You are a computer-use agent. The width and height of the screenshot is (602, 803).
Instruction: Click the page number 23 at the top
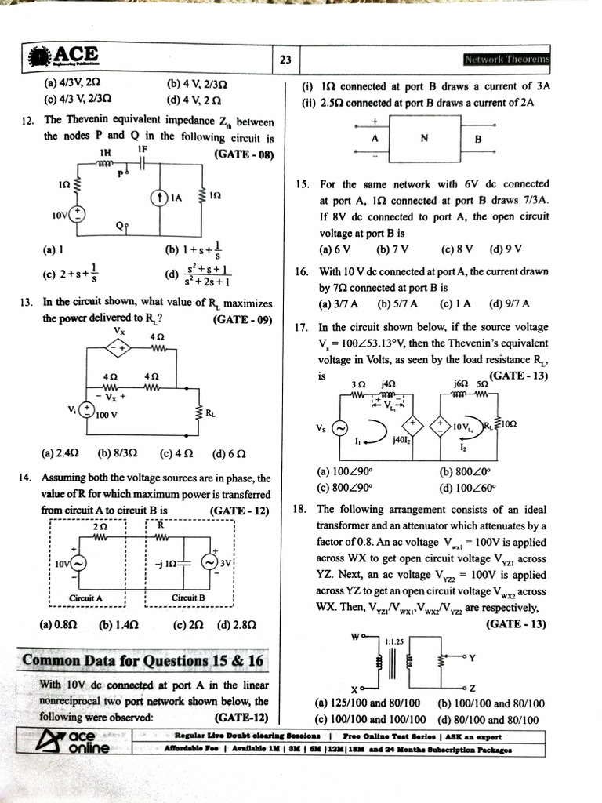point(285,60)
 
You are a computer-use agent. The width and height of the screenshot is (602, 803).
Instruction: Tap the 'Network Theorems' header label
point(507,60)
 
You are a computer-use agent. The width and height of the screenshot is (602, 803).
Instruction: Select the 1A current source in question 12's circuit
point(159,197)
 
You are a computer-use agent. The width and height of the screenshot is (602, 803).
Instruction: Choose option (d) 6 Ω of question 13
point(230,453)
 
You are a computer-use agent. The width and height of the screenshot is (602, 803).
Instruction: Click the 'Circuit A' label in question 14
point(87,598)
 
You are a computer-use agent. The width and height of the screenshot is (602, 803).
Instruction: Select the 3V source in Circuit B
point(209,563)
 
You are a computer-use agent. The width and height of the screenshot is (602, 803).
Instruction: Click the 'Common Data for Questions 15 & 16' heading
point(143,660)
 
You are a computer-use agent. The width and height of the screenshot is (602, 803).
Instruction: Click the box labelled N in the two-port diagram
point(424,140)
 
